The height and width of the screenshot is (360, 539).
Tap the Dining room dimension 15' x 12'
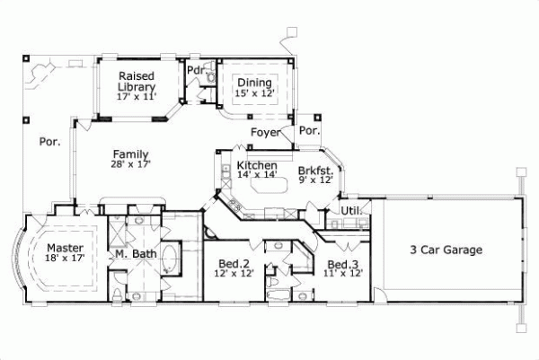255,92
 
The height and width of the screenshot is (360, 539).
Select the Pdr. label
194,70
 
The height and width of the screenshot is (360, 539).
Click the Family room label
131,154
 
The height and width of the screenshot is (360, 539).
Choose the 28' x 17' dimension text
131,164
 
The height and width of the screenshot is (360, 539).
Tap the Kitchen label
256,166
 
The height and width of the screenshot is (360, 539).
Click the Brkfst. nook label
316,170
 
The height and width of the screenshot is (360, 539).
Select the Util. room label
350,211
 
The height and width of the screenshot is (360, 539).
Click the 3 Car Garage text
446,250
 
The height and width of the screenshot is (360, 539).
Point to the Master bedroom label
66,248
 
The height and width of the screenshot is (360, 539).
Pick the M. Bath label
133,255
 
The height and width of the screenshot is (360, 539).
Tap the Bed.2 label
235,264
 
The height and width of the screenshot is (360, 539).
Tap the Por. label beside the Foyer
309,131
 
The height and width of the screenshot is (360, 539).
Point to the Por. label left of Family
49,142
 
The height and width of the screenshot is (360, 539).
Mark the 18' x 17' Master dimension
66,259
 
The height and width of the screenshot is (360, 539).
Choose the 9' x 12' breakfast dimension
316,180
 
